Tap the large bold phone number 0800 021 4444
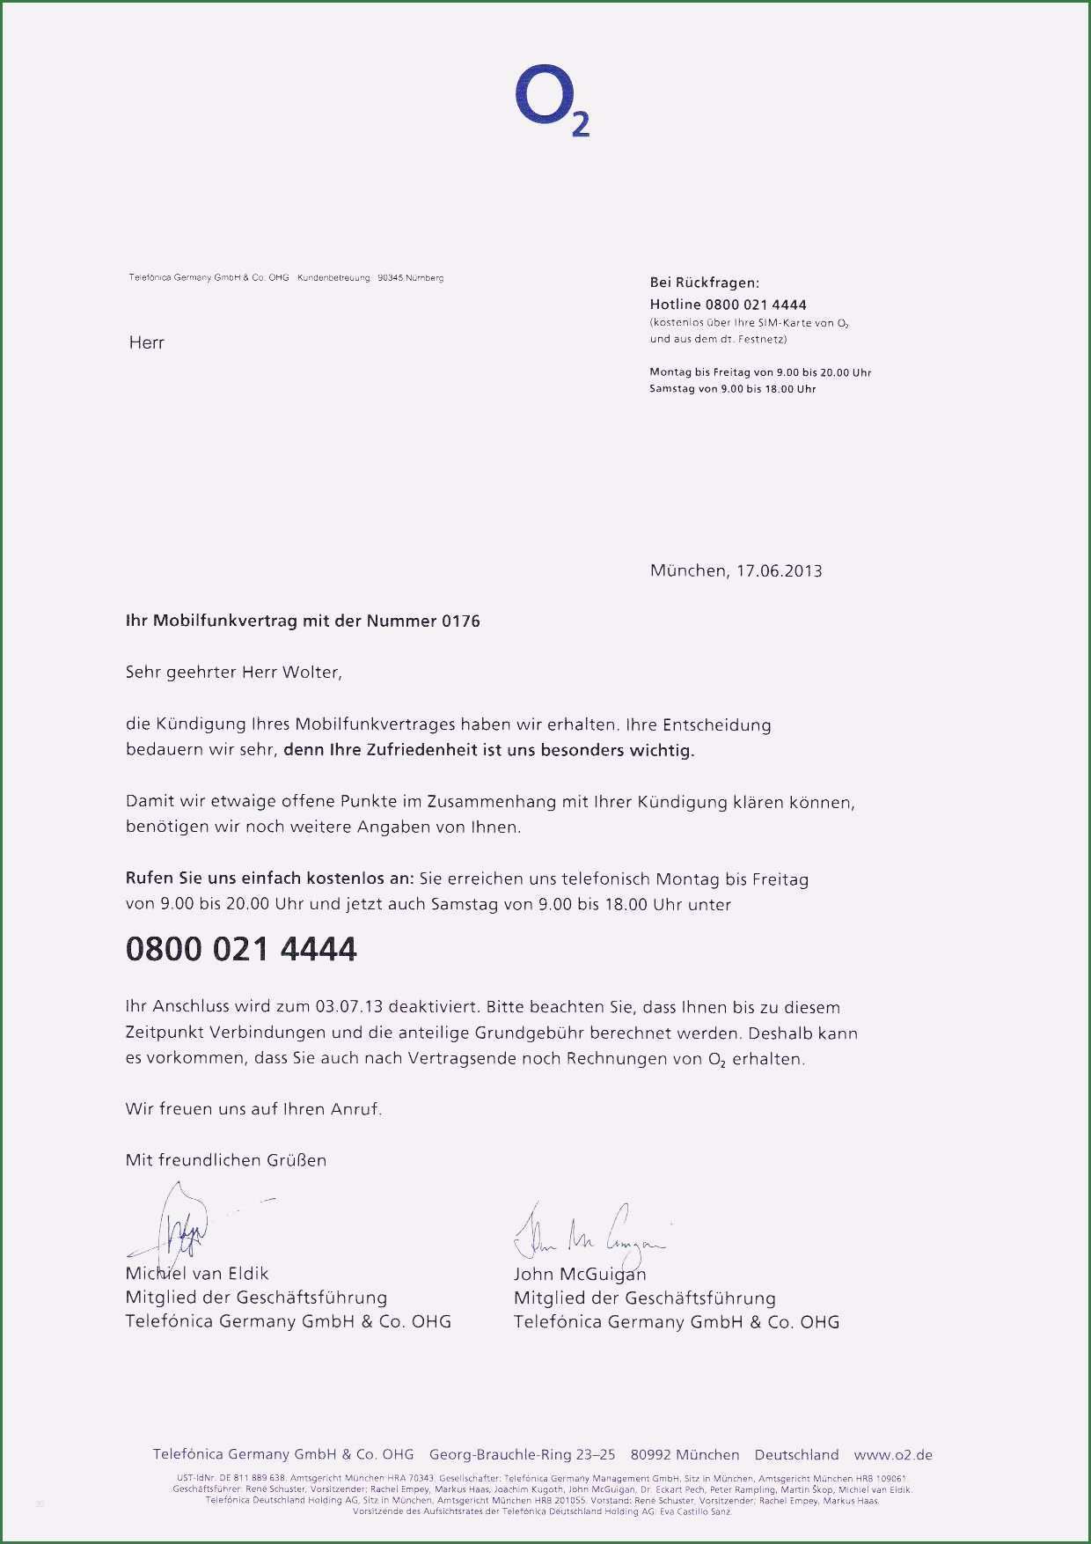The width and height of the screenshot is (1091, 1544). pyautogui.click(x=241, y=949)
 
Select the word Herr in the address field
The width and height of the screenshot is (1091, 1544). pyautogui.click(x=146, y=342)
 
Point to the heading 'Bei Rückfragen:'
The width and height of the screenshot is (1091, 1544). pyautogui.click(x=704, y=283)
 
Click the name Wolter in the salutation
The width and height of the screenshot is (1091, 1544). pyautogui.click(x=310, y=672)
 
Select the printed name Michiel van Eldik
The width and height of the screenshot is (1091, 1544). pyautogui.click(x=197, y=1273)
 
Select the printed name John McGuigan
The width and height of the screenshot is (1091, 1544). pyautogui.click(x=580, y=1273)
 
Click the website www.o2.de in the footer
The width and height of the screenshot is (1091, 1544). pyautogui.click(x=893, y=1455)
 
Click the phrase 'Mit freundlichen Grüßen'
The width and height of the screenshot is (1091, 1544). pyautogui.click(x=226, y=1160)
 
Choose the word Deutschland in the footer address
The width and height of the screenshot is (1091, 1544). pyautogui.click(x=796, y=1455)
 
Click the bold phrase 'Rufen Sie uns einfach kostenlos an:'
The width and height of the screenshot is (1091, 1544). pyautogui.click(x=269, y=879)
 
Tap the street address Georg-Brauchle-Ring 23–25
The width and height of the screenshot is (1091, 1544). pyautogui.click(x=522, y=1455)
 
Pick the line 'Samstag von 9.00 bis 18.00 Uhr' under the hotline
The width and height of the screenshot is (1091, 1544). pyautogui.click(x=732, y=388)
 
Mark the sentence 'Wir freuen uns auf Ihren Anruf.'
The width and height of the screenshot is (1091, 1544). pyautogui.click(x=253, y=1109)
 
